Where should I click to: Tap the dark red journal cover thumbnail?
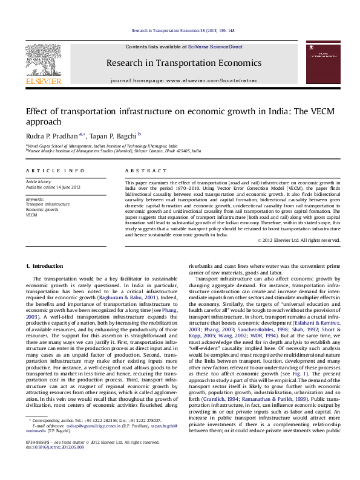[322, 63]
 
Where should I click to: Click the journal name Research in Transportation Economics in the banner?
[183, 63]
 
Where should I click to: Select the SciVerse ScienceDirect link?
[215, 47]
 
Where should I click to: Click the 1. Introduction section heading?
[45, 266]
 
